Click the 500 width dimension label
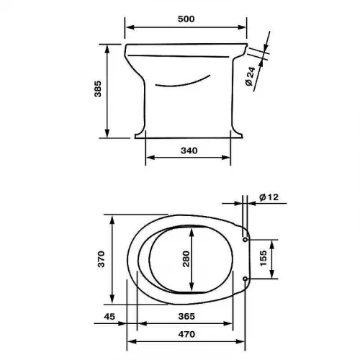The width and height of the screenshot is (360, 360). click(x=186, y=19)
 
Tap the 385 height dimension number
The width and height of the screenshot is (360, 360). click(x=98, y=89)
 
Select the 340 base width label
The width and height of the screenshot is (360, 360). click(x=189, y=150)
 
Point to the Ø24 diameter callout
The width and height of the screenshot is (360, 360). click(x=251, y=76)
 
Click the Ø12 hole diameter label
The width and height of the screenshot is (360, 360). click(x=269, y=197)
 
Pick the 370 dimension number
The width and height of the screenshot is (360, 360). click(x=102, y=259)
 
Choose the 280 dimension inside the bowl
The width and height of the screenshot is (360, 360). click(x=186, y=259)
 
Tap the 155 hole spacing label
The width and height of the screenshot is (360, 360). click(x=264, y=258)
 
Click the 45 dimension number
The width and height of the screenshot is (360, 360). click(x=109, y=317)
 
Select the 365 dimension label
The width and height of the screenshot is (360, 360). click(x=186, y=317)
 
